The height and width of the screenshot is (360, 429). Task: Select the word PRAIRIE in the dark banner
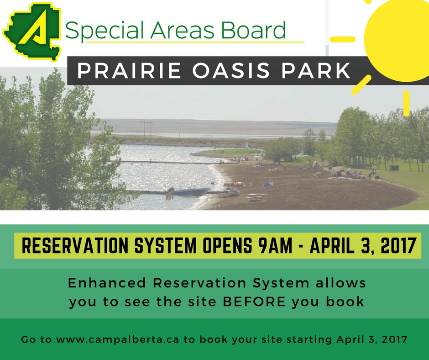pos(129,71)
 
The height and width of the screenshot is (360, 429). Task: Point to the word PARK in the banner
pos(316,71)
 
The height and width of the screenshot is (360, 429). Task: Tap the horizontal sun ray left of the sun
pos(343,39)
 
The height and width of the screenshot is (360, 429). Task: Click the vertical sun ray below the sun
pos(406,103)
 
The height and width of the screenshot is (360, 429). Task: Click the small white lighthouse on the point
pos(246,144)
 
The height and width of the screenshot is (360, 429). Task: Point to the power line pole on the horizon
pos(147,128)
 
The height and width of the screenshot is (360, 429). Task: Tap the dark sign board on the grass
pos(394,168)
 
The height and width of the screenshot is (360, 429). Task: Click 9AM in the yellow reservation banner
pos(275,245)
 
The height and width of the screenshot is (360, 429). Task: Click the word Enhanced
pos(107,283)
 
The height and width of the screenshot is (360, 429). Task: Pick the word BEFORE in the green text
pos(254,302)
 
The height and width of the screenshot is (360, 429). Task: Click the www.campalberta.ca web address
pos(118,339)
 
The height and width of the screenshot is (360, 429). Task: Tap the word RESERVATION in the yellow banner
pos(75,245)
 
